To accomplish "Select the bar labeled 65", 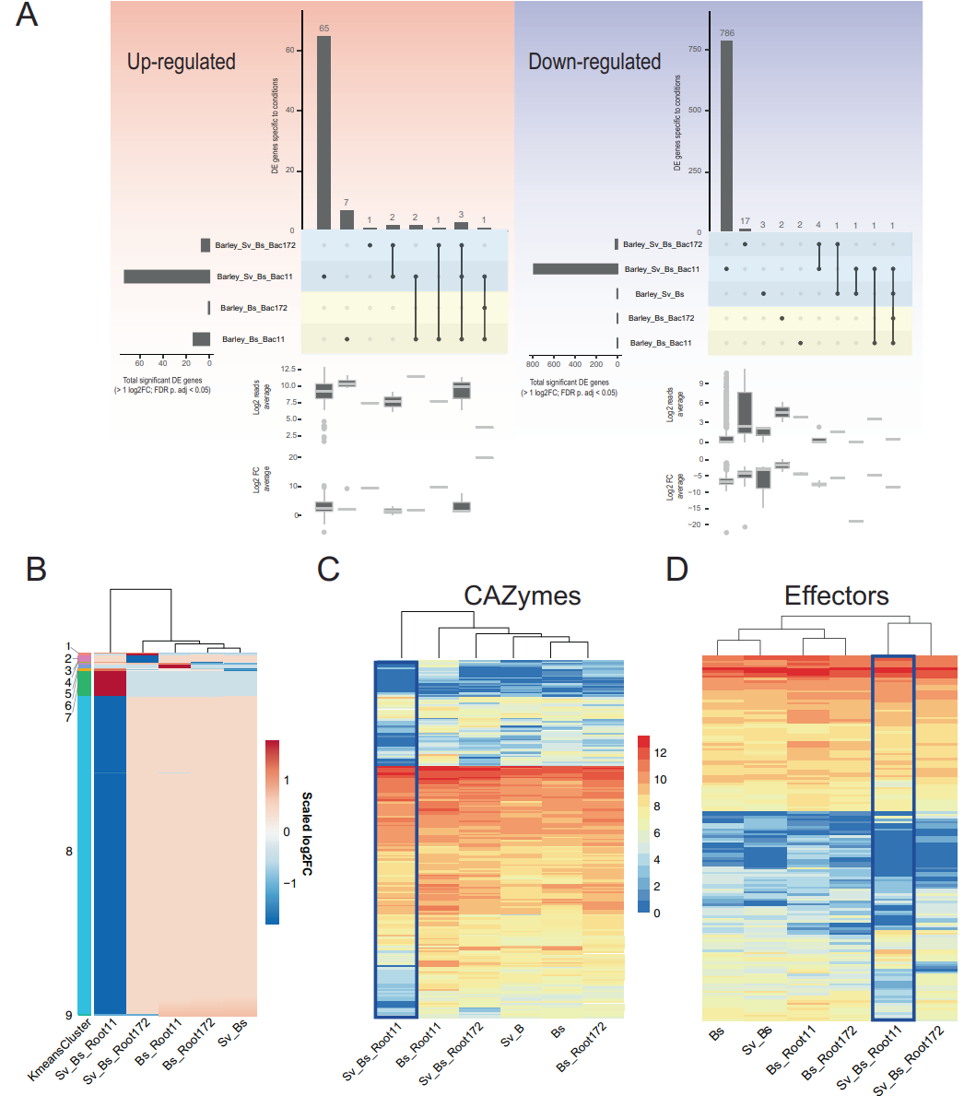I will coord(323,133).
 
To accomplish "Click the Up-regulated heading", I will coord(181,62).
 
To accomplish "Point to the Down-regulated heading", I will coord(594,62).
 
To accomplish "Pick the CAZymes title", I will coord(523,595).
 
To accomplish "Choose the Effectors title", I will coord(837,595).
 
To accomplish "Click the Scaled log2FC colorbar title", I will coord(307,831).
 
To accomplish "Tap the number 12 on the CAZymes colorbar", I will coord(660,752).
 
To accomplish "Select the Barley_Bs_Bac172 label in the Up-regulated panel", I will coord(252,308).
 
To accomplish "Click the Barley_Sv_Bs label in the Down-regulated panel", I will coord(659,293).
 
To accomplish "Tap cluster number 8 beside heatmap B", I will coord(69,851).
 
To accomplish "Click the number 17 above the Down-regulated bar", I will coord(744,220).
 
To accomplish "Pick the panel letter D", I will coord(676,570).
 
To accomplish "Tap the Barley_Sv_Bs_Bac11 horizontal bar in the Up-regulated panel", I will coord(167,277).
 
